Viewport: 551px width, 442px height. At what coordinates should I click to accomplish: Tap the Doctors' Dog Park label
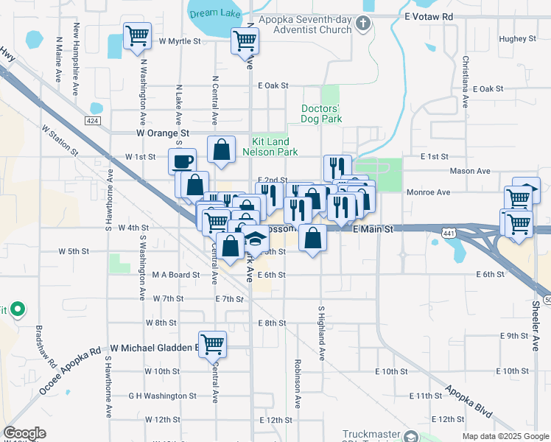322,113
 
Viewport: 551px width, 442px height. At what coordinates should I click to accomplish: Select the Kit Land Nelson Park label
275,147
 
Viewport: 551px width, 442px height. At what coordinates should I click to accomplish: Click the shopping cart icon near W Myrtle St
136,36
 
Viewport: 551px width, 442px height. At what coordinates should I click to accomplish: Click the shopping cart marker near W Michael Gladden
212,343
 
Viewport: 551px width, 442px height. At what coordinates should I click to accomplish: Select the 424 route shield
92,120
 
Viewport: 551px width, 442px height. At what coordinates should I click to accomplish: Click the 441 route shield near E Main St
448,233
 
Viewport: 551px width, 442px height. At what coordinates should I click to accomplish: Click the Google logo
24,433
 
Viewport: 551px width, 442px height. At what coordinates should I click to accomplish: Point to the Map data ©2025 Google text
505,436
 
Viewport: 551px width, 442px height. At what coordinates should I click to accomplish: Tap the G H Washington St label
162,396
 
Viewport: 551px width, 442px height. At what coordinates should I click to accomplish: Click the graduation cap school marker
256,239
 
